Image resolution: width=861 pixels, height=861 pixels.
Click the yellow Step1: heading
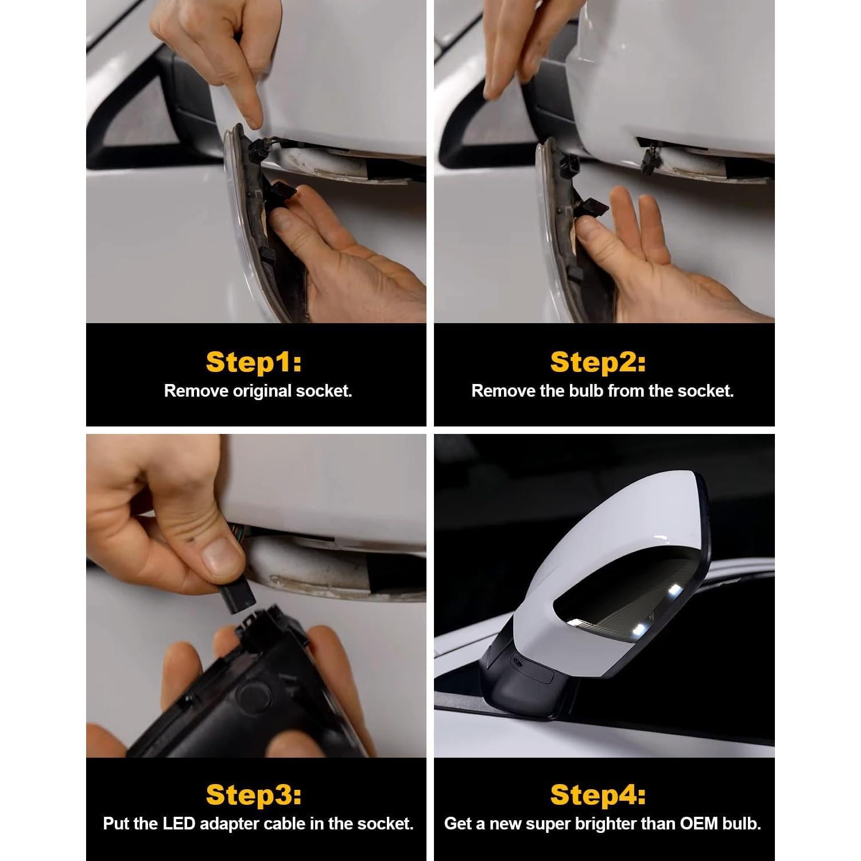click(x=254, y=362)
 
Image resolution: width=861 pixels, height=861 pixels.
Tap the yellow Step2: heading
click(x=598, y=362)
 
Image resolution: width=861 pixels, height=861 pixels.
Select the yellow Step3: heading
click(x=254, y=795)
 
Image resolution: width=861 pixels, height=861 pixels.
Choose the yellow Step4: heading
click(x=598, y=795)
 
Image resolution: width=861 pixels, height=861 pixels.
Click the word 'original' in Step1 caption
click(x=262, y=391)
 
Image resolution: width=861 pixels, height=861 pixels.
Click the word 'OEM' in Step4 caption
click(x=699, y=824)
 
